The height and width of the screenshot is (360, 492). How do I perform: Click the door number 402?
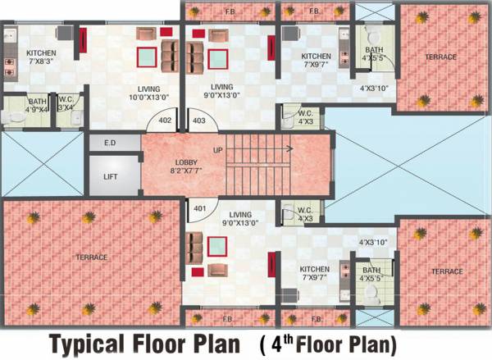tap(165, 121)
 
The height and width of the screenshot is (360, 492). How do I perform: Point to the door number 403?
tap(198, 121)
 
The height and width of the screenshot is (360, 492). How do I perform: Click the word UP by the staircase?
tap(217, 151)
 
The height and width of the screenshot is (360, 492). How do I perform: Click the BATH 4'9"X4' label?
tap(37, 105)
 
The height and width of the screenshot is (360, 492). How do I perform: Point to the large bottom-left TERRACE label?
tap(92, 257)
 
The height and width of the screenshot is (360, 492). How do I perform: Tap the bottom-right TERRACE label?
tap(448, 271)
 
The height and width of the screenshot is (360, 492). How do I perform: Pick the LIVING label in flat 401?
tap(240, 218)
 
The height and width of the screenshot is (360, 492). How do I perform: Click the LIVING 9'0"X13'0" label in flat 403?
tap(221, 91)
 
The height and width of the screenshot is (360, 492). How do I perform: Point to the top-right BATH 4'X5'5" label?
tap(373, 53)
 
